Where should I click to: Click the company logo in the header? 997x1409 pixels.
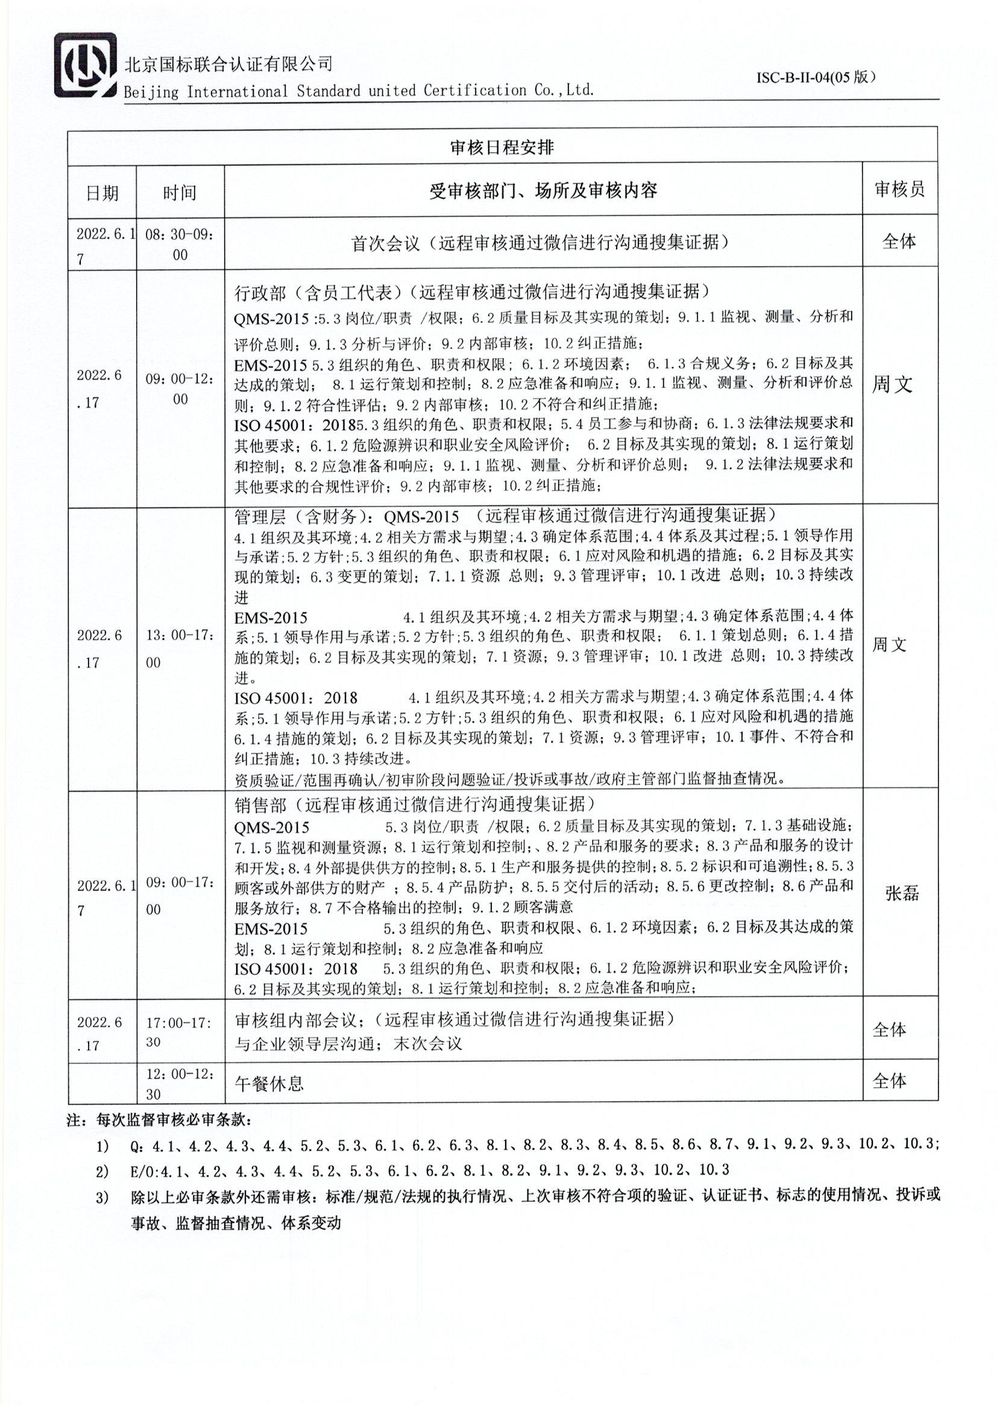pyautogui.click(x=86, y=65)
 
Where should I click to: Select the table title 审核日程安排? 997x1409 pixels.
pyautogui.click(x=502, y=147)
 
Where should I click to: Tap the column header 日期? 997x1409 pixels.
pyautogui.click(x=102, y=193)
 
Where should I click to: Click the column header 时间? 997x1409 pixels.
pyautogui.click(x=180, y=193)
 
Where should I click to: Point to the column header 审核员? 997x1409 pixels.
pyautogui.click(x=899, y=190)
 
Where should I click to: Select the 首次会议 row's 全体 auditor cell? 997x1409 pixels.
pyautogui.click(x=899, y=241)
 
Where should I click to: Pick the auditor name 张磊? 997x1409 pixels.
pyautogui.click(x=902, y=894)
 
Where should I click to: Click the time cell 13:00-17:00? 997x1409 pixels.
pyautogui.click(x=180, y=648)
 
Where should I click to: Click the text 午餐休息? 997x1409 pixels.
pyautogui.click(x=269, y=1083)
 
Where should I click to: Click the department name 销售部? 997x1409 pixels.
pyautogui.click(x=260, y=805)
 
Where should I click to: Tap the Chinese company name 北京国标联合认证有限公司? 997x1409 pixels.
pyautogui.click(x=229, y=63)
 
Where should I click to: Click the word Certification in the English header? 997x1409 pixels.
pyautogui.click(x=474, y=91)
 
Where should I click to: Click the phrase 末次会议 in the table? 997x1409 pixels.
pyautogui.click(x=427, y=1043)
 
